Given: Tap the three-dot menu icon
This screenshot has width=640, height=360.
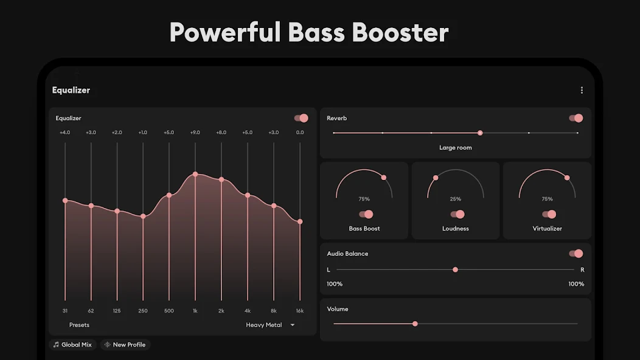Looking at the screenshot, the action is click(x=582, y=90).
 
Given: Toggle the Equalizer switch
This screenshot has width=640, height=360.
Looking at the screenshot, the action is click(x=301, y=118).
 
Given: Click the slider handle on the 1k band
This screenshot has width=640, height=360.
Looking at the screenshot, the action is click(x=195, y=175).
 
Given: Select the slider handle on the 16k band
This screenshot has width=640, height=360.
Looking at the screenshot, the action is click(x=300, y=221).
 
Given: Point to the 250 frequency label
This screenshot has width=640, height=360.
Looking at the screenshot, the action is click(x=143, y=311).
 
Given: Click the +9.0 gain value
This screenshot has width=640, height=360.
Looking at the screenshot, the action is click(x=195, y=132).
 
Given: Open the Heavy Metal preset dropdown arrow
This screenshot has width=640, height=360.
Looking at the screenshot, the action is click(x=292, y=325).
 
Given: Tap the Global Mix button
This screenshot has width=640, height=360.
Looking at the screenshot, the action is click(x=72, y=344).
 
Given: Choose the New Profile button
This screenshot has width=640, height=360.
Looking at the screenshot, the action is click(x=125, y=344).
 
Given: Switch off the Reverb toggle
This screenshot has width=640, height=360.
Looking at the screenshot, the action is click(x=576, y=118).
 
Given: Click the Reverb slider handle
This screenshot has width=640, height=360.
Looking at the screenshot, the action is click(x=480, y=133).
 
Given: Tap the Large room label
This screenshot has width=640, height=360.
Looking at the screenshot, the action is click(x=456, y=148).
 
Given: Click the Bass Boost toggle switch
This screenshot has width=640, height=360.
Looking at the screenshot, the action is click(x=366, y=214).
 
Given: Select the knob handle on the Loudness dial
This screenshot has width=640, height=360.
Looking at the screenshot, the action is click(x=436, y=178).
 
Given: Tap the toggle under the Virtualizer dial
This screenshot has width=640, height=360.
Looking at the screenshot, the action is click(x=549, y=214).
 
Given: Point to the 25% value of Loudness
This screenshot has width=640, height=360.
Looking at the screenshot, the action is click(x=456, y=199).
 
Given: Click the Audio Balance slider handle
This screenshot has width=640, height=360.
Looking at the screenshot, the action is click(x=455, y=270).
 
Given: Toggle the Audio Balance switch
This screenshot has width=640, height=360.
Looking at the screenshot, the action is click(x=576, y=254).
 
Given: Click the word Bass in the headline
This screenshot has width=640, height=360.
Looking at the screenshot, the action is click(x=316, y=32).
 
